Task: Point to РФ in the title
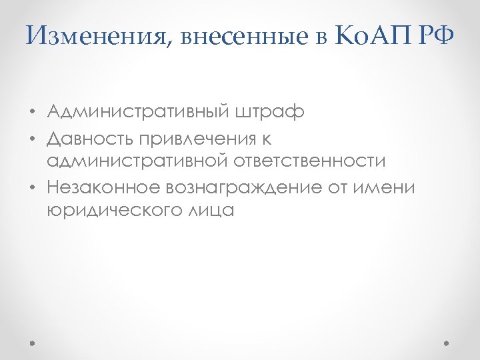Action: pyautogui.click(x=437, y=36)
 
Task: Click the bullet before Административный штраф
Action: pyautogui.click(x=31, y=111)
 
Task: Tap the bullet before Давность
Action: pyautogui.click(x=31, y=138)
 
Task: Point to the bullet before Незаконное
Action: pyautogui.click(x=31, y=189)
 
